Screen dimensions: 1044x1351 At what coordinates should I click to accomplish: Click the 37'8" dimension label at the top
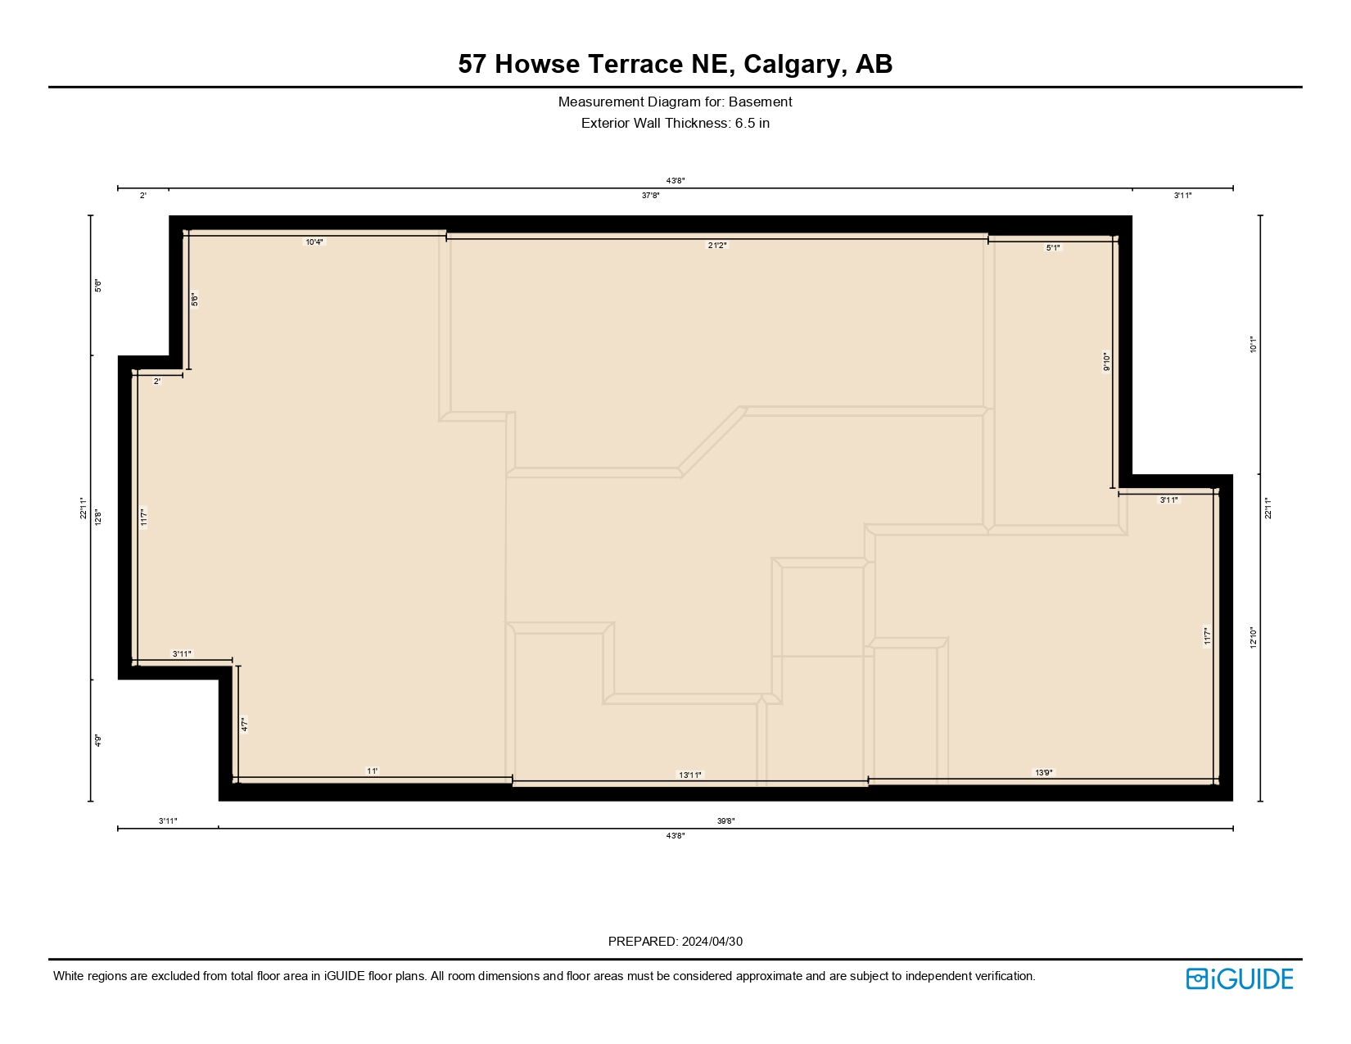click(650, 196)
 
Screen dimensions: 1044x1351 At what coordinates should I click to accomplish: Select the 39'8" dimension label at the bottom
click(725, 820)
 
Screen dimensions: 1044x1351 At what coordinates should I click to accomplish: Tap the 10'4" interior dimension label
click(314, 242)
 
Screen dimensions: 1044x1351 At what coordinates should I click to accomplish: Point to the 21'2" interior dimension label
click(717, 246)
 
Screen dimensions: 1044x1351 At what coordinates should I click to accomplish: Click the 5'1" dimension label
click(1053, 247)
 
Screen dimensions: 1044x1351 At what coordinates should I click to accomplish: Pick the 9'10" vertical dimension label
click(1106, 362)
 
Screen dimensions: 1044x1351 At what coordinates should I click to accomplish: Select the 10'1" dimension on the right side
click(1253, 345)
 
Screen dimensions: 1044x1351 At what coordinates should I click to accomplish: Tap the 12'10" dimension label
click(1253, 637)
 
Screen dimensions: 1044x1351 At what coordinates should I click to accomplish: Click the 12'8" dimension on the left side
click(97, 517)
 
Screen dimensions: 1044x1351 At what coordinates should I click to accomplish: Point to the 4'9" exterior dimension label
click(97, 740)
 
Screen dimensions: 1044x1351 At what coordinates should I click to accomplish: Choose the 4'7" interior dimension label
click(244, 725)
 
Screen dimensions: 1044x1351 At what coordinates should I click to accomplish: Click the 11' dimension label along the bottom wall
click(373, 771)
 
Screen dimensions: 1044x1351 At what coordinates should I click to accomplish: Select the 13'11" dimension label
click(690, 775)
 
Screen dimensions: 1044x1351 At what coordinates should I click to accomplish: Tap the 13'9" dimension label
click(1044, 772)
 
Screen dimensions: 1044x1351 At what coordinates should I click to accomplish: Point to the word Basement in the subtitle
click(760, 102)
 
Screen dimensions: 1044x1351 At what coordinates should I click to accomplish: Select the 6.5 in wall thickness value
click(752, 124)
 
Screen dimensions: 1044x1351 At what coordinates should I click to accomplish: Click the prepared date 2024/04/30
click(712, 942)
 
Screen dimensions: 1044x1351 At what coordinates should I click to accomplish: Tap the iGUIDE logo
click(1240, 978)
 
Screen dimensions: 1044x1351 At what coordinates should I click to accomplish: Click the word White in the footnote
click(69, 976)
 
